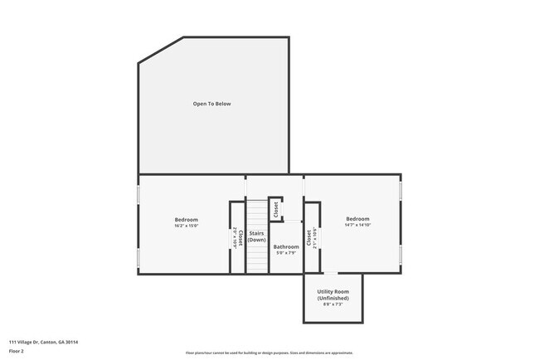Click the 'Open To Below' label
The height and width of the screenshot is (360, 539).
click(x=212, y=104)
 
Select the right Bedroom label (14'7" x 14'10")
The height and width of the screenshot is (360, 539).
click(x=357, y=219)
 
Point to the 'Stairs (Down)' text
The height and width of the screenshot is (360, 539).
click(x=256, y=236)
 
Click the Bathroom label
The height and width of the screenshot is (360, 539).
click(x=286, y=246)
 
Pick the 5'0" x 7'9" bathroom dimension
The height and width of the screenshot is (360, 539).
click(x=286, y=253)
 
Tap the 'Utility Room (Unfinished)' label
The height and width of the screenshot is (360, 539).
click(x=333, y=294)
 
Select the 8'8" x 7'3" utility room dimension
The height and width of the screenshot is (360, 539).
click(x=333, y=304)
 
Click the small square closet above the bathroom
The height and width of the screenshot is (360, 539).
click(x=275, y=209)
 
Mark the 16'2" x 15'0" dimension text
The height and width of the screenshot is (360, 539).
click(x=186, y=226)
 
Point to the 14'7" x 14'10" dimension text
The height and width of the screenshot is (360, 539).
click(x=357, y=225)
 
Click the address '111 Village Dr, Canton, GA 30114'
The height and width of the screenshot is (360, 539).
click(x=44, y=341)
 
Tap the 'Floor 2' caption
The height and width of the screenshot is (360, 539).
click(x=17, y=350)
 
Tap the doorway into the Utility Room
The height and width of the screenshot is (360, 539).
click(x=330, y=273)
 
